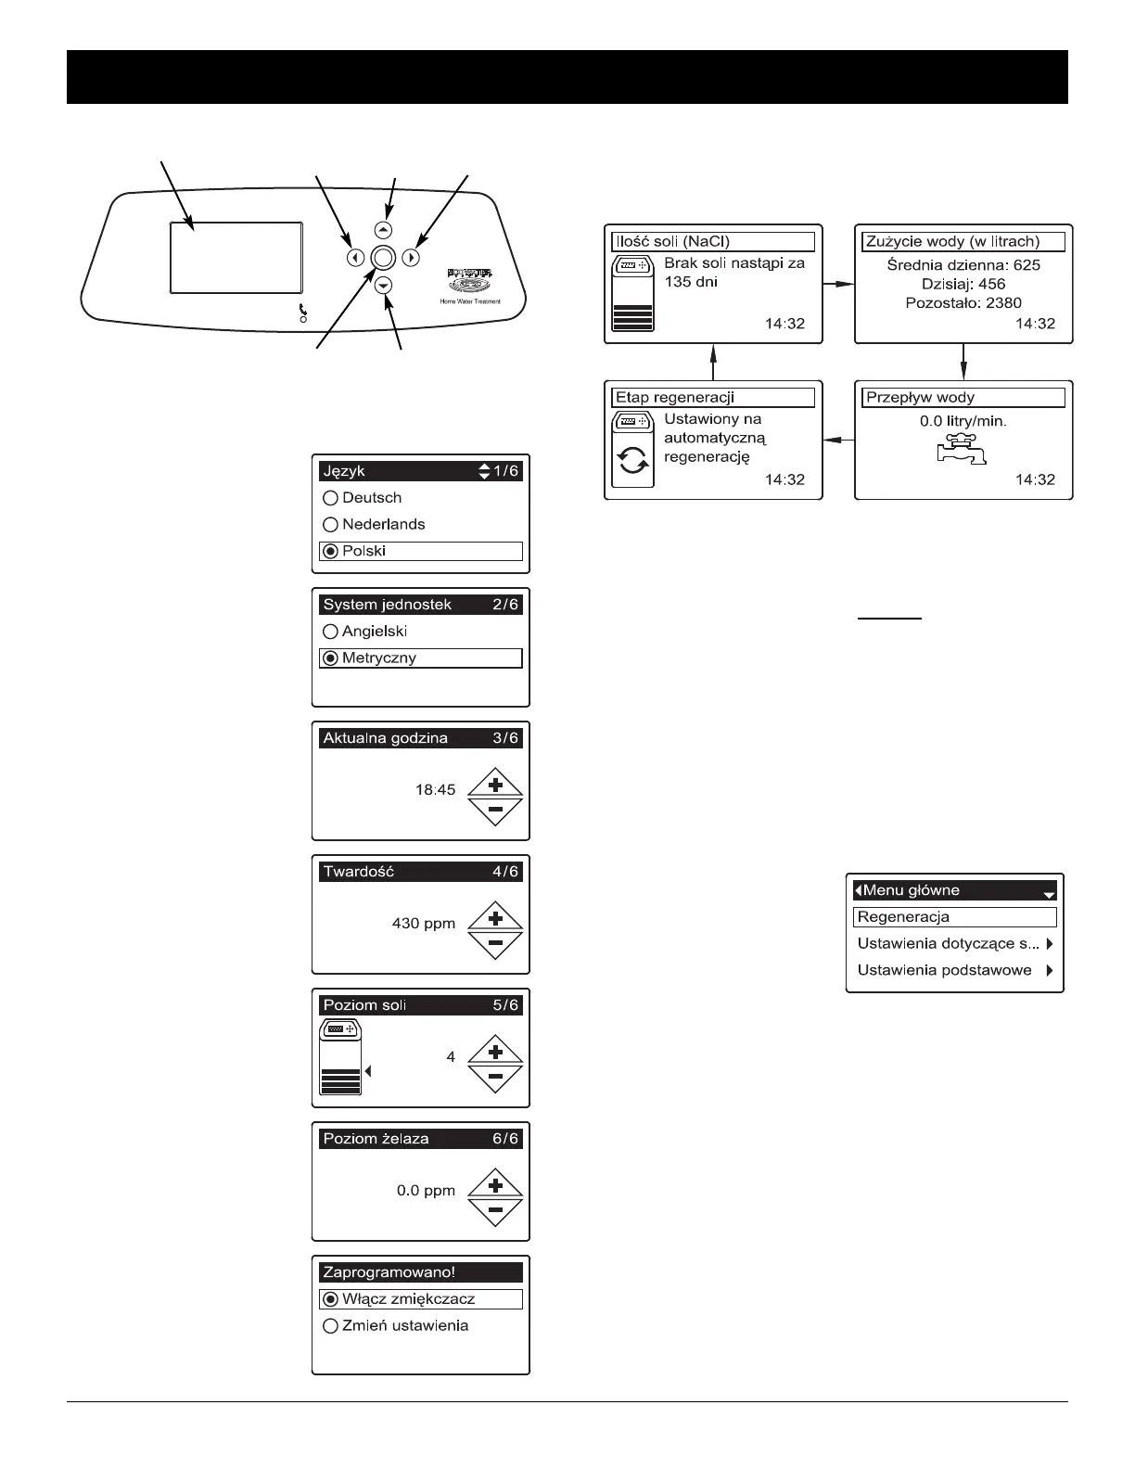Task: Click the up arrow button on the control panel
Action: [384, 230]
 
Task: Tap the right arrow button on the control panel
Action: [412, 259]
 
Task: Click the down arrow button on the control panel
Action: [384, 287]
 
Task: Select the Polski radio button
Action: [330, 551]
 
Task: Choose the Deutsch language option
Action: [330, 498]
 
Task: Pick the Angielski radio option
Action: [330, 632]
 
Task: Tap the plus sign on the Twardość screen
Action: [495, 918]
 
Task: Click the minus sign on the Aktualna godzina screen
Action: [495, 810]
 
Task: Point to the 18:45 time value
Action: [435, 790]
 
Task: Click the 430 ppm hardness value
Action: [424, 924]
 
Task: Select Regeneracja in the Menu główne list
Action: [954, 917]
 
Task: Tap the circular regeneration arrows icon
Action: [633, 461]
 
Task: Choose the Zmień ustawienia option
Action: [404, 1325]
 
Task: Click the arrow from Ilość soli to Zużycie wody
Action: [837, 284]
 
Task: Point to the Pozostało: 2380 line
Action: [963, 302]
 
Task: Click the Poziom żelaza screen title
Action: [376, 1139]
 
